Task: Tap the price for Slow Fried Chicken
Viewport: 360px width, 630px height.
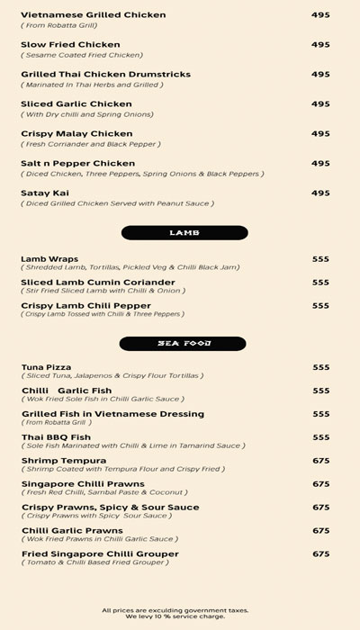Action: pyautogui.click(x=320, y=45)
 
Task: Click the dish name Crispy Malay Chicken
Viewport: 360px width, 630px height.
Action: pyautogui.click(x=76, y=134)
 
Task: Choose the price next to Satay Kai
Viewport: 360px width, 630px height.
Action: pyautogui.click(x=320, y=193)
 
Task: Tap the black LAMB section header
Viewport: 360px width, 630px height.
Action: pyautogui.click(x=184, y=233)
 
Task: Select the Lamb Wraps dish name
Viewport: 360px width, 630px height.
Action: pyautogui.click(x=49, y=259)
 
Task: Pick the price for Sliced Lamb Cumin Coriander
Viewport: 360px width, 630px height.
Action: pyautogui.click(x=320, y=283)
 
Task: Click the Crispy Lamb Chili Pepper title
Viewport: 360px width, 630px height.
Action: pyautogui.click(x=85, y=305)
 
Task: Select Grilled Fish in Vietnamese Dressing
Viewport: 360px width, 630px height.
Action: pyautogui.click(x=112, y=414)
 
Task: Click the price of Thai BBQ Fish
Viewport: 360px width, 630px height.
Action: pyautogui.click(x=320, y=437)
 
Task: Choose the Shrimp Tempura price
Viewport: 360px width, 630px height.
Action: pyautogui.click(x=320, y=461)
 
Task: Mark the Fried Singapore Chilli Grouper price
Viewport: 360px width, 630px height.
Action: pyautogui.click(x=320, y=554)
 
